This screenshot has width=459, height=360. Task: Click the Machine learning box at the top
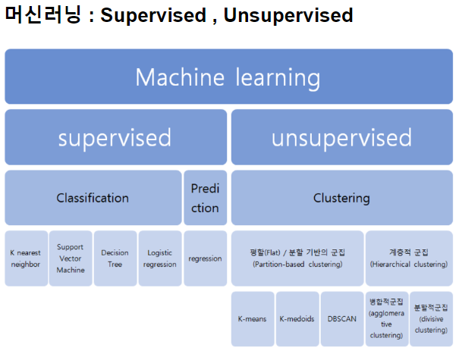tap(228, 77)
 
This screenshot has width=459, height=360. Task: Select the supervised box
tap(115, 137)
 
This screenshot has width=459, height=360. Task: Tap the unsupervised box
tap(341, 137)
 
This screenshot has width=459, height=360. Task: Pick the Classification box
tap(93, 198)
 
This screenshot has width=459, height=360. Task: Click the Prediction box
tap(205, 198)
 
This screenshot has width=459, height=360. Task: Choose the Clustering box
tap(341, 198)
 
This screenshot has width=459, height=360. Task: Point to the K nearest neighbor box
tap(26, 258)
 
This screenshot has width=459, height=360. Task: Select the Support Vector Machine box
tap(71, 258)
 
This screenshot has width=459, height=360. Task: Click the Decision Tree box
tap(115, 258)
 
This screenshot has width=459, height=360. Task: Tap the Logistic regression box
tap(160, 258)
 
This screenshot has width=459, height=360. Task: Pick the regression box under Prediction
tap(205, 258)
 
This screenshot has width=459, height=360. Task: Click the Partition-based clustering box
tap(297, 258)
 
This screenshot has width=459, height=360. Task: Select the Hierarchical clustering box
tap(409, 258)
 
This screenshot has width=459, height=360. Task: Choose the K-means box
tap(252, 319)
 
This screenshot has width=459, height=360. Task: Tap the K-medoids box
tap(297, 319)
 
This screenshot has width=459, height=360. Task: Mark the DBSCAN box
tap(341, 319)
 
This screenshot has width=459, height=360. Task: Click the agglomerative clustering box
tap(386, 319)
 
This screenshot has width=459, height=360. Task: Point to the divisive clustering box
tap(431, 319)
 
